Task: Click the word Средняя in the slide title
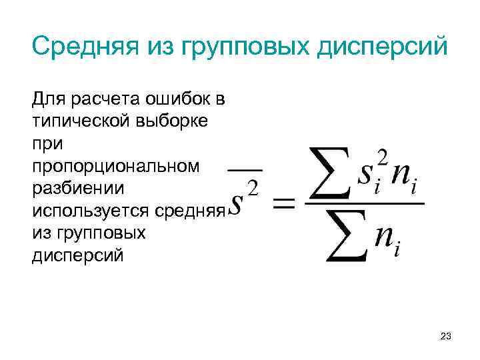(85, 47)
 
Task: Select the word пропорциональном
(115, 167)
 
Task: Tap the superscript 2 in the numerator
(381, 157)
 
